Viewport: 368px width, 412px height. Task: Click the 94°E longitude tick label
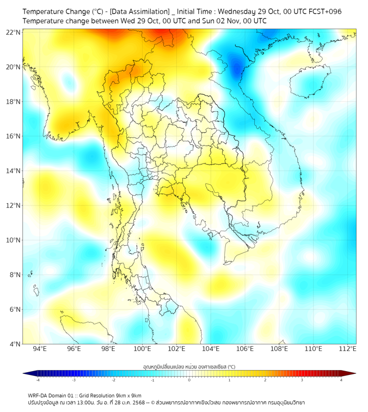[x=40, y=349]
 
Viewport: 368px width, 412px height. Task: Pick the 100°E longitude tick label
[x=142, y=349]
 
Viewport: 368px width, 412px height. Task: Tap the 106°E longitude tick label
[x=245, y=349]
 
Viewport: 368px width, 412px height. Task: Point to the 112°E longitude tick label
[x=347, y=349]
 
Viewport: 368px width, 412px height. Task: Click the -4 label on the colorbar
[x=38, y=380]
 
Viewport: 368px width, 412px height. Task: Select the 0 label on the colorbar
[x=189, y=380]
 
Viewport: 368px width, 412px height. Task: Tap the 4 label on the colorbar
[x=341, y=380]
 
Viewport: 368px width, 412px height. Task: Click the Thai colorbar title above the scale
[x=189, y=366]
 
